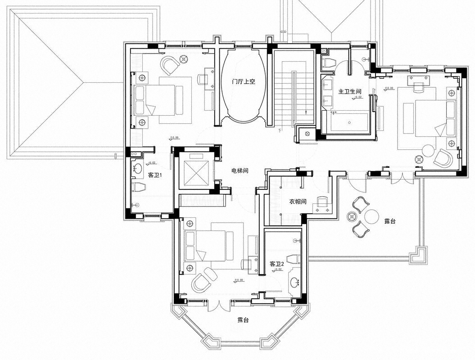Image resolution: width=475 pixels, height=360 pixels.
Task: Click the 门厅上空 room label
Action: coord(243,82)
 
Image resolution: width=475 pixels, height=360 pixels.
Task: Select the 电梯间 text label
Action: coord(240,171)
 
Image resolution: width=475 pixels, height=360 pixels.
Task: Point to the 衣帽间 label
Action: coord(298,202)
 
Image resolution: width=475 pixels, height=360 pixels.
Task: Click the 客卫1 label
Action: coord(155,174)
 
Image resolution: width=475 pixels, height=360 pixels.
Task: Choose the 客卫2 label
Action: coord(276,264)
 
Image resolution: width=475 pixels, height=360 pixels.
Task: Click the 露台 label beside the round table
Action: coord(390,221)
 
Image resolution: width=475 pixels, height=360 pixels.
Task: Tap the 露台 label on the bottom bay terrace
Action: coord(243,320)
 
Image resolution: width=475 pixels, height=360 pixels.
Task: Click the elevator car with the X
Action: coord(197,172)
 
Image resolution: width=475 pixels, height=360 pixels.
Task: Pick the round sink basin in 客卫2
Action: coord(294,283)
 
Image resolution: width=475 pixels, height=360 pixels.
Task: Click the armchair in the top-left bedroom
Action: coord(170,66)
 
